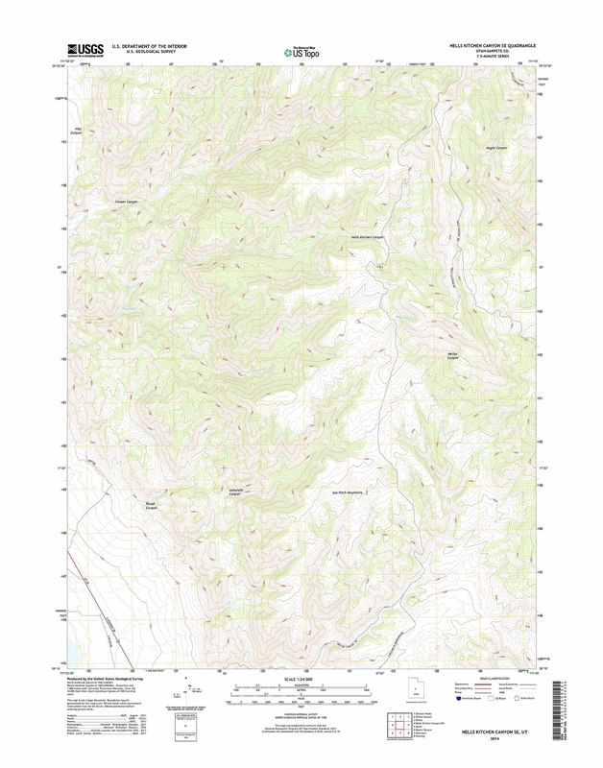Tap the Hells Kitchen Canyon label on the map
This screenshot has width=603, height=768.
367,236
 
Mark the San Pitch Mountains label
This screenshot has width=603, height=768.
351,492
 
